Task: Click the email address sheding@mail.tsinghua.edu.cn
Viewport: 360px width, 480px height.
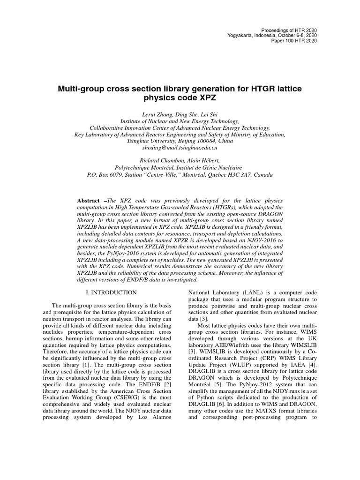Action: [x=180, y=147]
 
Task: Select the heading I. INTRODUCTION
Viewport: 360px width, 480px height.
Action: [x=112, y=292]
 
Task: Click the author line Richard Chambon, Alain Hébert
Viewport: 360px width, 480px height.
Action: [x=180, y=160]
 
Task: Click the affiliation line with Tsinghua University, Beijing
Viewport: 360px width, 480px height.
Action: [x=180, y=141]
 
